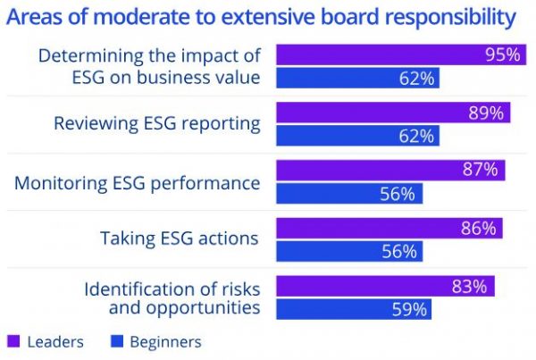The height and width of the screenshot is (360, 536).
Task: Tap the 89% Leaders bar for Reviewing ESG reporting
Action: point(393,113)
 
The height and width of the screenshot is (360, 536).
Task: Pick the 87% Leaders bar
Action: point(390,171)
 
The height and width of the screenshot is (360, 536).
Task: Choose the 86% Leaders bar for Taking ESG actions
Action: point(389,229)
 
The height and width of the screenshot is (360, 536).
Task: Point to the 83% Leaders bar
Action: point(385,287)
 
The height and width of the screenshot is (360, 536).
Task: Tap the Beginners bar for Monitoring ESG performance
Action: point(349,194)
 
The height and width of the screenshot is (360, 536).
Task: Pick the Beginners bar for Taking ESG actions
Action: point(349,252)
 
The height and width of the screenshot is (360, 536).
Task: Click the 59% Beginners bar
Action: point(354,310)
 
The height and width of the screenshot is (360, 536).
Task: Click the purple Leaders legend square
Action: point(13,342)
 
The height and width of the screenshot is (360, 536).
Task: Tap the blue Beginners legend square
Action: point(116,342)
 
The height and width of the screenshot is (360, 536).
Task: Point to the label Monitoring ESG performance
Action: point(138,182)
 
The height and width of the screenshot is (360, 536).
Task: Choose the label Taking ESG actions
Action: point(180,239)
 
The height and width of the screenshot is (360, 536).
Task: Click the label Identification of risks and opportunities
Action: point(172,298)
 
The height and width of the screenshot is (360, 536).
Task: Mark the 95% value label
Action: point(503,55)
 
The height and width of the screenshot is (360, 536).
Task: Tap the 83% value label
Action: point(469,287)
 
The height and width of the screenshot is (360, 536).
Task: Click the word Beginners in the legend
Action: point(165,342)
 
